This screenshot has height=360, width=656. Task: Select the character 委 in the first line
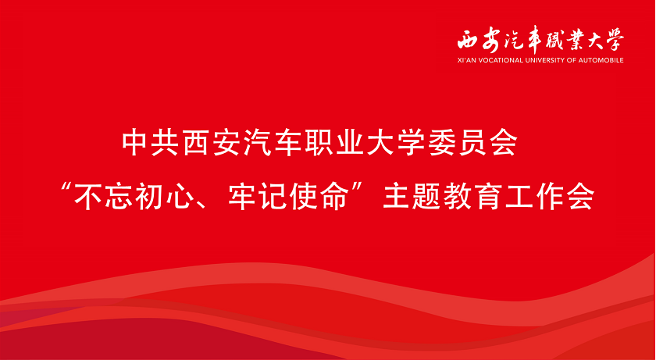(440, 144)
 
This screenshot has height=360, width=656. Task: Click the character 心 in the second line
(184, 197)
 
